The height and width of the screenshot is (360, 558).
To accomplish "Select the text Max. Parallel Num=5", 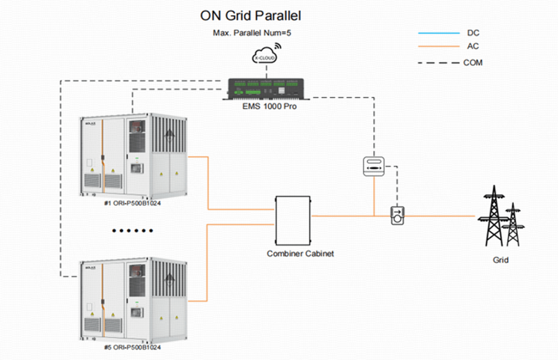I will [x=252, y=33].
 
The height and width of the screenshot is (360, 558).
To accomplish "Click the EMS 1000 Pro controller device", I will [x=267, y=88].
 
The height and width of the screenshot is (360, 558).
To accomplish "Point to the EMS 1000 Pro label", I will [x=267, y=107].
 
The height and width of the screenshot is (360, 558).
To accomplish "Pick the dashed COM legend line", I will [x=437, y=62].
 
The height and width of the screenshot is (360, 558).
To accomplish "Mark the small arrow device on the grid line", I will [x=397, y=215].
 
